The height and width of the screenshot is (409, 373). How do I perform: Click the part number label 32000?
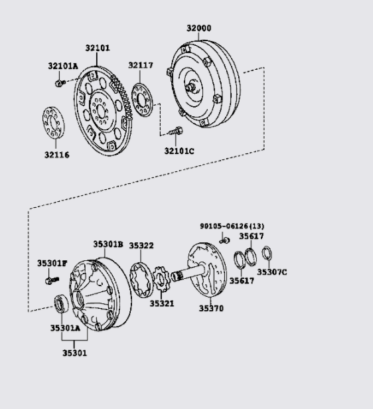pos(198,28)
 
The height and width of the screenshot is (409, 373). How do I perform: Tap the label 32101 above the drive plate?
pos(98,48)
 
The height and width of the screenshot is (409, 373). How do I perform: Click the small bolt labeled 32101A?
pos(58,83)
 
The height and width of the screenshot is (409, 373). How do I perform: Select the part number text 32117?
pos(141,65)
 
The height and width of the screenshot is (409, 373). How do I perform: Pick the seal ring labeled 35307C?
pos(267,254)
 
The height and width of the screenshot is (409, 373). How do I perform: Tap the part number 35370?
pos(211,309)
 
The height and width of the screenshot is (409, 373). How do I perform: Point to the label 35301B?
pos(108,244)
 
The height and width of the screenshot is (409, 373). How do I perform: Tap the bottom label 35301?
pos(75,353)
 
